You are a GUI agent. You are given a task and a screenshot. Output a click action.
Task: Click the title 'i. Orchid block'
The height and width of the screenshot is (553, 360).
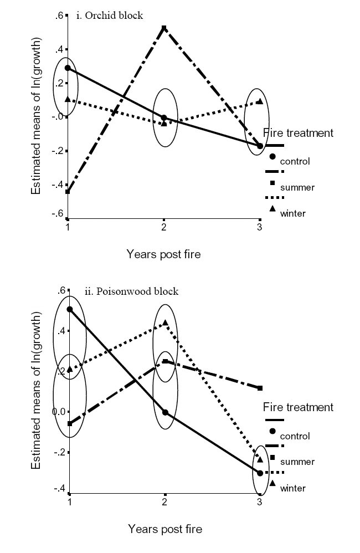pyautogui.click(x=109, y=16)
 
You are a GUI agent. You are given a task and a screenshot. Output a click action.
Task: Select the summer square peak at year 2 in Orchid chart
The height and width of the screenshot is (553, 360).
pyautogui.click(x=164, y=27)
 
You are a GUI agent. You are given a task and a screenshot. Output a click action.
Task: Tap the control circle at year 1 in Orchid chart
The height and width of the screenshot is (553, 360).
pyautogui.click(x=68, y=68)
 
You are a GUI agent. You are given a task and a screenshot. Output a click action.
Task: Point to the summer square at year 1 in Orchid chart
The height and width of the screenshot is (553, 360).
pyautogui.click(x=68, y=192)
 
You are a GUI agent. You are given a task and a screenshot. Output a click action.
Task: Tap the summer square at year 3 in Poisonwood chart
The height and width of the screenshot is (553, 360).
pyautogui.click(x=260, y=388)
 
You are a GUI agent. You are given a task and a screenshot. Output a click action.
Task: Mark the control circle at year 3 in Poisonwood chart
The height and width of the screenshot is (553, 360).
pyautogui.click(x=260, y=473)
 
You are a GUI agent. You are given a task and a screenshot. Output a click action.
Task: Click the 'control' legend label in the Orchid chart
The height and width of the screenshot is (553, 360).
pyautogui.click(x=295, y=162)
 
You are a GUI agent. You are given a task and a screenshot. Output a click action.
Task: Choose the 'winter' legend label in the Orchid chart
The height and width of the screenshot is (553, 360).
pyautogui.click(x=293, y=213)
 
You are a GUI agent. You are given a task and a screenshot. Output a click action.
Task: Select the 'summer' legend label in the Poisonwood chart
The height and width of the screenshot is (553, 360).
pyautogui.click(x=297, y=462)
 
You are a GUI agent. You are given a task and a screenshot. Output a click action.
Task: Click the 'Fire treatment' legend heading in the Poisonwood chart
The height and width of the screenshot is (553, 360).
pyautogui.click(x=298, y=407)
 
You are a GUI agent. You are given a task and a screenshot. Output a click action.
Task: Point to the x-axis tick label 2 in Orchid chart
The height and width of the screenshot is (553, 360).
pyautogui.click(x=164, y=228)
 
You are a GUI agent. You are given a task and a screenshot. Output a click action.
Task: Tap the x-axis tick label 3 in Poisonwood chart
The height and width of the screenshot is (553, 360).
pyautogui.click(x=260, y=501)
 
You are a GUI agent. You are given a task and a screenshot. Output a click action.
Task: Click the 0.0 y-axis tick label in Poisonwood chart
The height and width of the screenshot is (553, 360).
pyautogui.click(x=58, y=412)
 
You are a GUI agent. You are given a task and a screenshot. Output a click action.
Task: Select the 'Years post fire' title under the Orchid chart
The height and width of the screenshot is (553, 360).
pyautogui.click(x=163, y=254)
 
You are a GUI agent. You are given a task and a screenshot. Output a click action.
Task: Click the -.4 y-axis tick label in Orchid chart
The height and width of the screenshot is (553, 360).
pyautogui.click(x=58, y=185)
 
